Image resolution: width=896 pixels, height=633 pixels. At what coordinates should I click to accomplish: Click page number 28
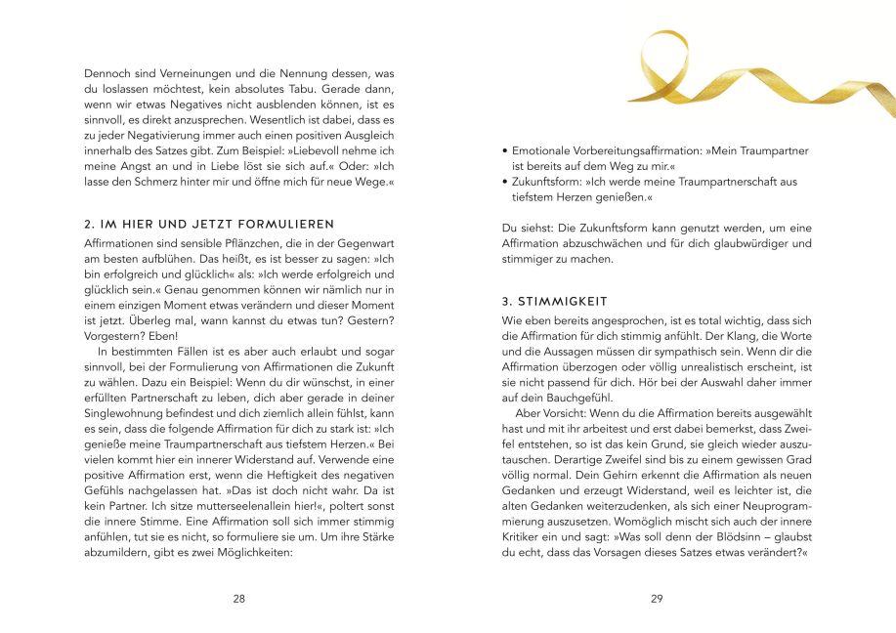(x=239, y=599)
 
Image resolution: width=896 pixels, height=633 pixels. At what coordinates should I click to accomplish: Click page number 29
(x=657, y=599)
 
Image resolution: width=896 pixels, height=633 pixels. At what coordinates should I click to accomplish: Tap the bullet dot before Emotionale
(x=504, y=150)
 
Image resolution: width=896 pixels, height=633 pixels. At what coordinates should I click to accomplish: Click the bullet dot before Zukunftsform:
(x=504, y=182)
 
